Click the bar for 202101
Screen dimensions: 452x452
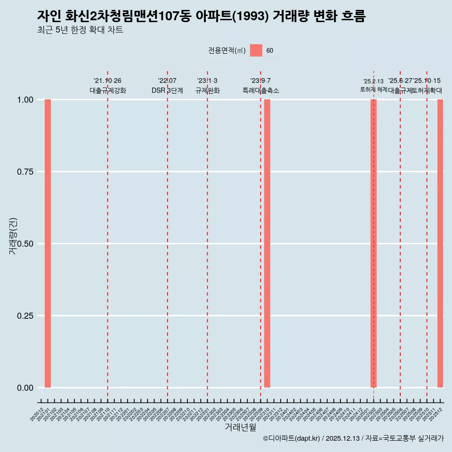point(48,243)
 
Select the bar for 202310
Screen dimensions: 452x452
point(267,243)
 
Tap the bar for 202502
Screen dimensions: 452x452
point(373,243)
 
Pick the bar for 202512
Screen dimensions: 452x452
point(440,243)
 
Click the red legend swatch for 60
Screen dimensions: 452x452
point(256,50)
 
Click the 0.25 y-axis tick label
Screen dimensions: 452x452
point(25,316)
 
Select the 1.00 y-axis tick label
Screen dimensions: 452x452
point(25,100)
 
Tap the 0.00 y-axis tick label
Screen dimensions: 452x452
point(25,388)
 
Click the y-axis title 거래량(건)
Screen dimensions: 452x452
point(13,236)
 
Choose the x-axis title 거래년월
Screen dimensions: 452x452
point(241,428)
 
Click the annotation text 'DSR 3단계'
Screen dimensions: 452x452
point(167,90)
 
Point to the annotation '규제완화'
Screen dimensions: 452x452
point(208,90)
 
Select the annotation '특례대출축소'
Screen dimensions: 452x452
point(261,90)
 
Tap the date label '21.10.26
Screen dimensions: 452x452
point(107,81)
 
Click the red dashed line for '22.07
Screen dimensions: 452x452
point(167,235)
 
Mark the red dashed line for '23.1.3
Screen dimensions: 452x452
point(207,235)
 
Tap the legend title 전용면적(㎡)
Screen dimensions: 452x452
point(227,50)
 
